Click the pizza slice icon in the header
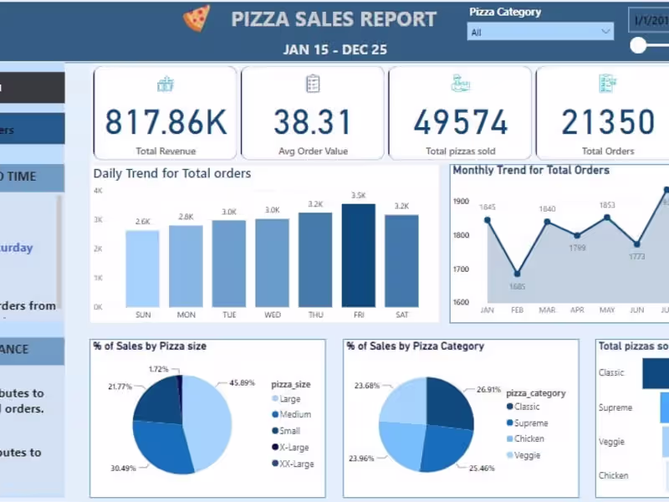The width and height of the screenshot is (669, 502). tap(197, 18)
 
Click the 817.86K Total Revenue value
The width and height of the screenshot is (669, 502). tap(166, 122)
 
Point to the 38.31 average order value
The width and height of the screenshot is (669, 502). tap(313, 122)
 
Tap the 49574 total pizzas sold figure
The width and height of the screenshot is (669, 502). tap(460, 122)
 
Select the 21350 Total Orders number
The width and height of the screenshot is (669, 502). tap(607, 122)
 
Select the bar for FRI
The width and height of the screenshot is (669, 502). tap(358, 255)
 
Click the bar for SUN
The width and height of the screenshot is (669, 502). tap(142, 269)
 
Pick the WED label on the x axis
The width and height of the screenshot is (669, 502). tap(272, 315)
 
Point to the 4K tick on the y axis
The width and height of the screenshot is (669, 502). tap(98, 191)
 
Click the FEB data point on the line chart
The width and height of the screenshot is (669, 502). tap(517, 274)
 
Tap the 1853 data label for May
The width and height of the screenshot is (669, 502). tap(607, 205)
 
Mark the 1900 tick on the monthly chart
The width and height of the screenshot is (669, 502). tap(462, 201)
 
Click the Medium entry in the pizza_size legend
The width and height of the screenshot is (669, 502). tap(295, 415)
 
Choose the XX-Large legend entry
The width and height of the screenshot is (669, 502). tap(297, 464)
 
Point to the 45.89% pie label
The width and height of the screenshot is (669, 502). tap(243, 383)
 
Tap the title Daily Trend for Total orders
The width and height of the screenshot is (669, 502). tap(172, 174)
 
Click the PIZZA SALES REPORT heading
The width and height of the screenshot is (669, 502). tap(334, 19)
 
